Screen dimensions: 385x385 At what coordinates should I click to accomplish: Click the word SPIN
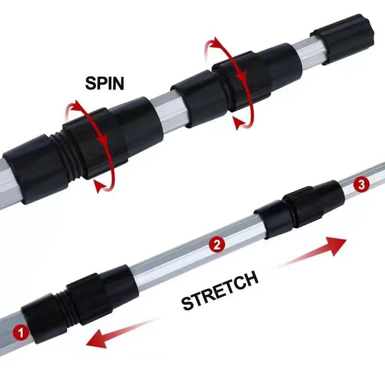(x=104, y=83)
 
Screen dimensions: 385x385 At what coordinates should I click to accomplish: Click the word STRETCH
(x=220, y=290)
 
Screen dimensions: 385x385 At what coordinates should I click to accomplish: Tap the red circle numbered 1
(x=21, y=332)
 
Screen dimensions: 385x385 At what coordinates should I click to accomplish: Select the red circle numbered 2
(x=217, y=244)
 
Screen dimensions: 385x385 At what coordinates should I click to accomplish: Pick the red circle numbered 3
(x=361, y=184)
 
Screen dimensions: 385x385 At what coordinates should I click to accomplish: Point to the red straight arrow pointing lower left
(x=120, y=334)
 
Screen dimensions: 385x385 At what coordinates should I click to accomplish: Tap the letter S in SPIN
(x=90, y=83)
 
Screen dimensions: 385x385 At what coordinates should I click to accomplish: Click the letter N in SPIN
(x=118, y=83)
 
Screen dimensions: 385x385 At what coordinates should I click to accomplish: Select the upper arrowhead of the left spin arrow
(x=77, y=105)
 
